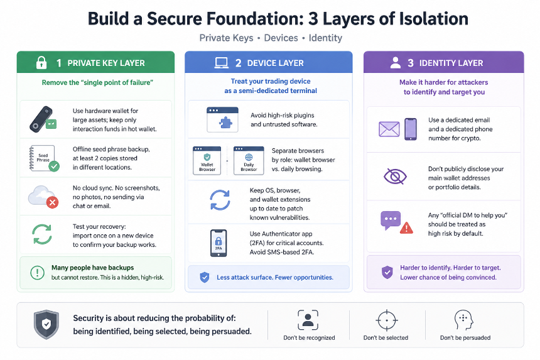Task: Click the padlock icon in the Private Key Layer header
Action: click(x=41, y=62)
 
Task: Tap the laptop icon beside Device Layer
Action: click(x=221, y=63)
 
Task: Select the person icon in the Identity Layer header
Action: click(x=396, y=62)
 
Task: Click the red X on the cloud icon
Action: click(x=52, y=202)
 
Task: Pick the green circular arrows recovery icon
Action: click(x=42, y=234)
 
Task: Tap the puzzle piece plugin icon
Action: click(x=225, y=123)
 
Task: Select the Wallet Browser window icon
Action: click(x=207, y=161)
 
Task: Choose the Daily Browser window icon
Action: click(x=249, y=161)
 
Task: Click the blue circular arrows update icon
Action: click(x=220, y=200)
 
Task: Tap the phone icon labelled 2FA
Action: click(x=219, y=243)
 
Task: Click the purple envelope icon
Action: click(x=389, y=129)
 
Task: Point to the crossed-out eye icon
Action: click(x=395, y=177)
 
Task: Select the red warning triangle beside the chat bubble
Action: click(x=406, y=227)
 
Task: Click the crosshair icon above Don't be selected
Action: click(x=386, y=320)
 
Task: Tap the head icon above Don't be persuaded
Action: click(x=463, y=320)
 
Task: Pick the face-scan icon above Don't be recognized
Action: click(x=308, y=320)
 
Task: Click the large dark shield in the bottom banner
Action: click(x=46, y=324)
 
